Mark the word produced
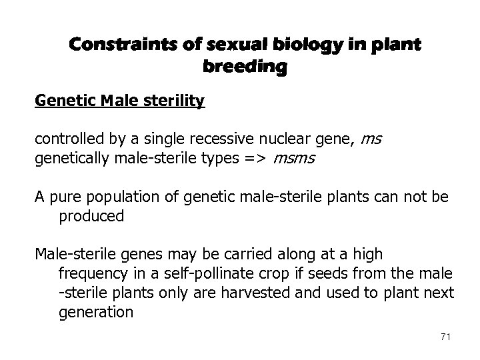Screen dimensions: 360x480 (x=91, y=217)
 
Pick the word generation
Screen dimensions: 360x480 (x=95, y=311)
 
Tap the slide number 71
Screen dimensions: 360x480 (x=445, y=339)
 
